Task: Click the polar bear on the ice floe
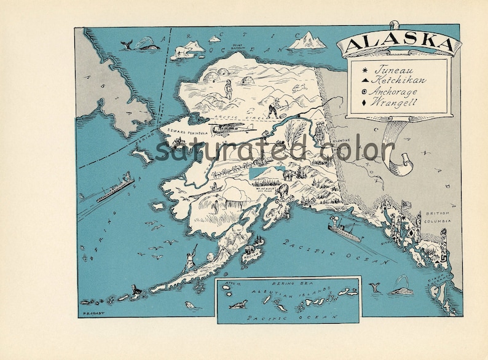click(182, 50)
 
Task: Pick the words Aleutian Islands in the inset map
click(295, 293)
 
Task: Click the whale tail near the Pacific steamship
click(374, 286)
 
